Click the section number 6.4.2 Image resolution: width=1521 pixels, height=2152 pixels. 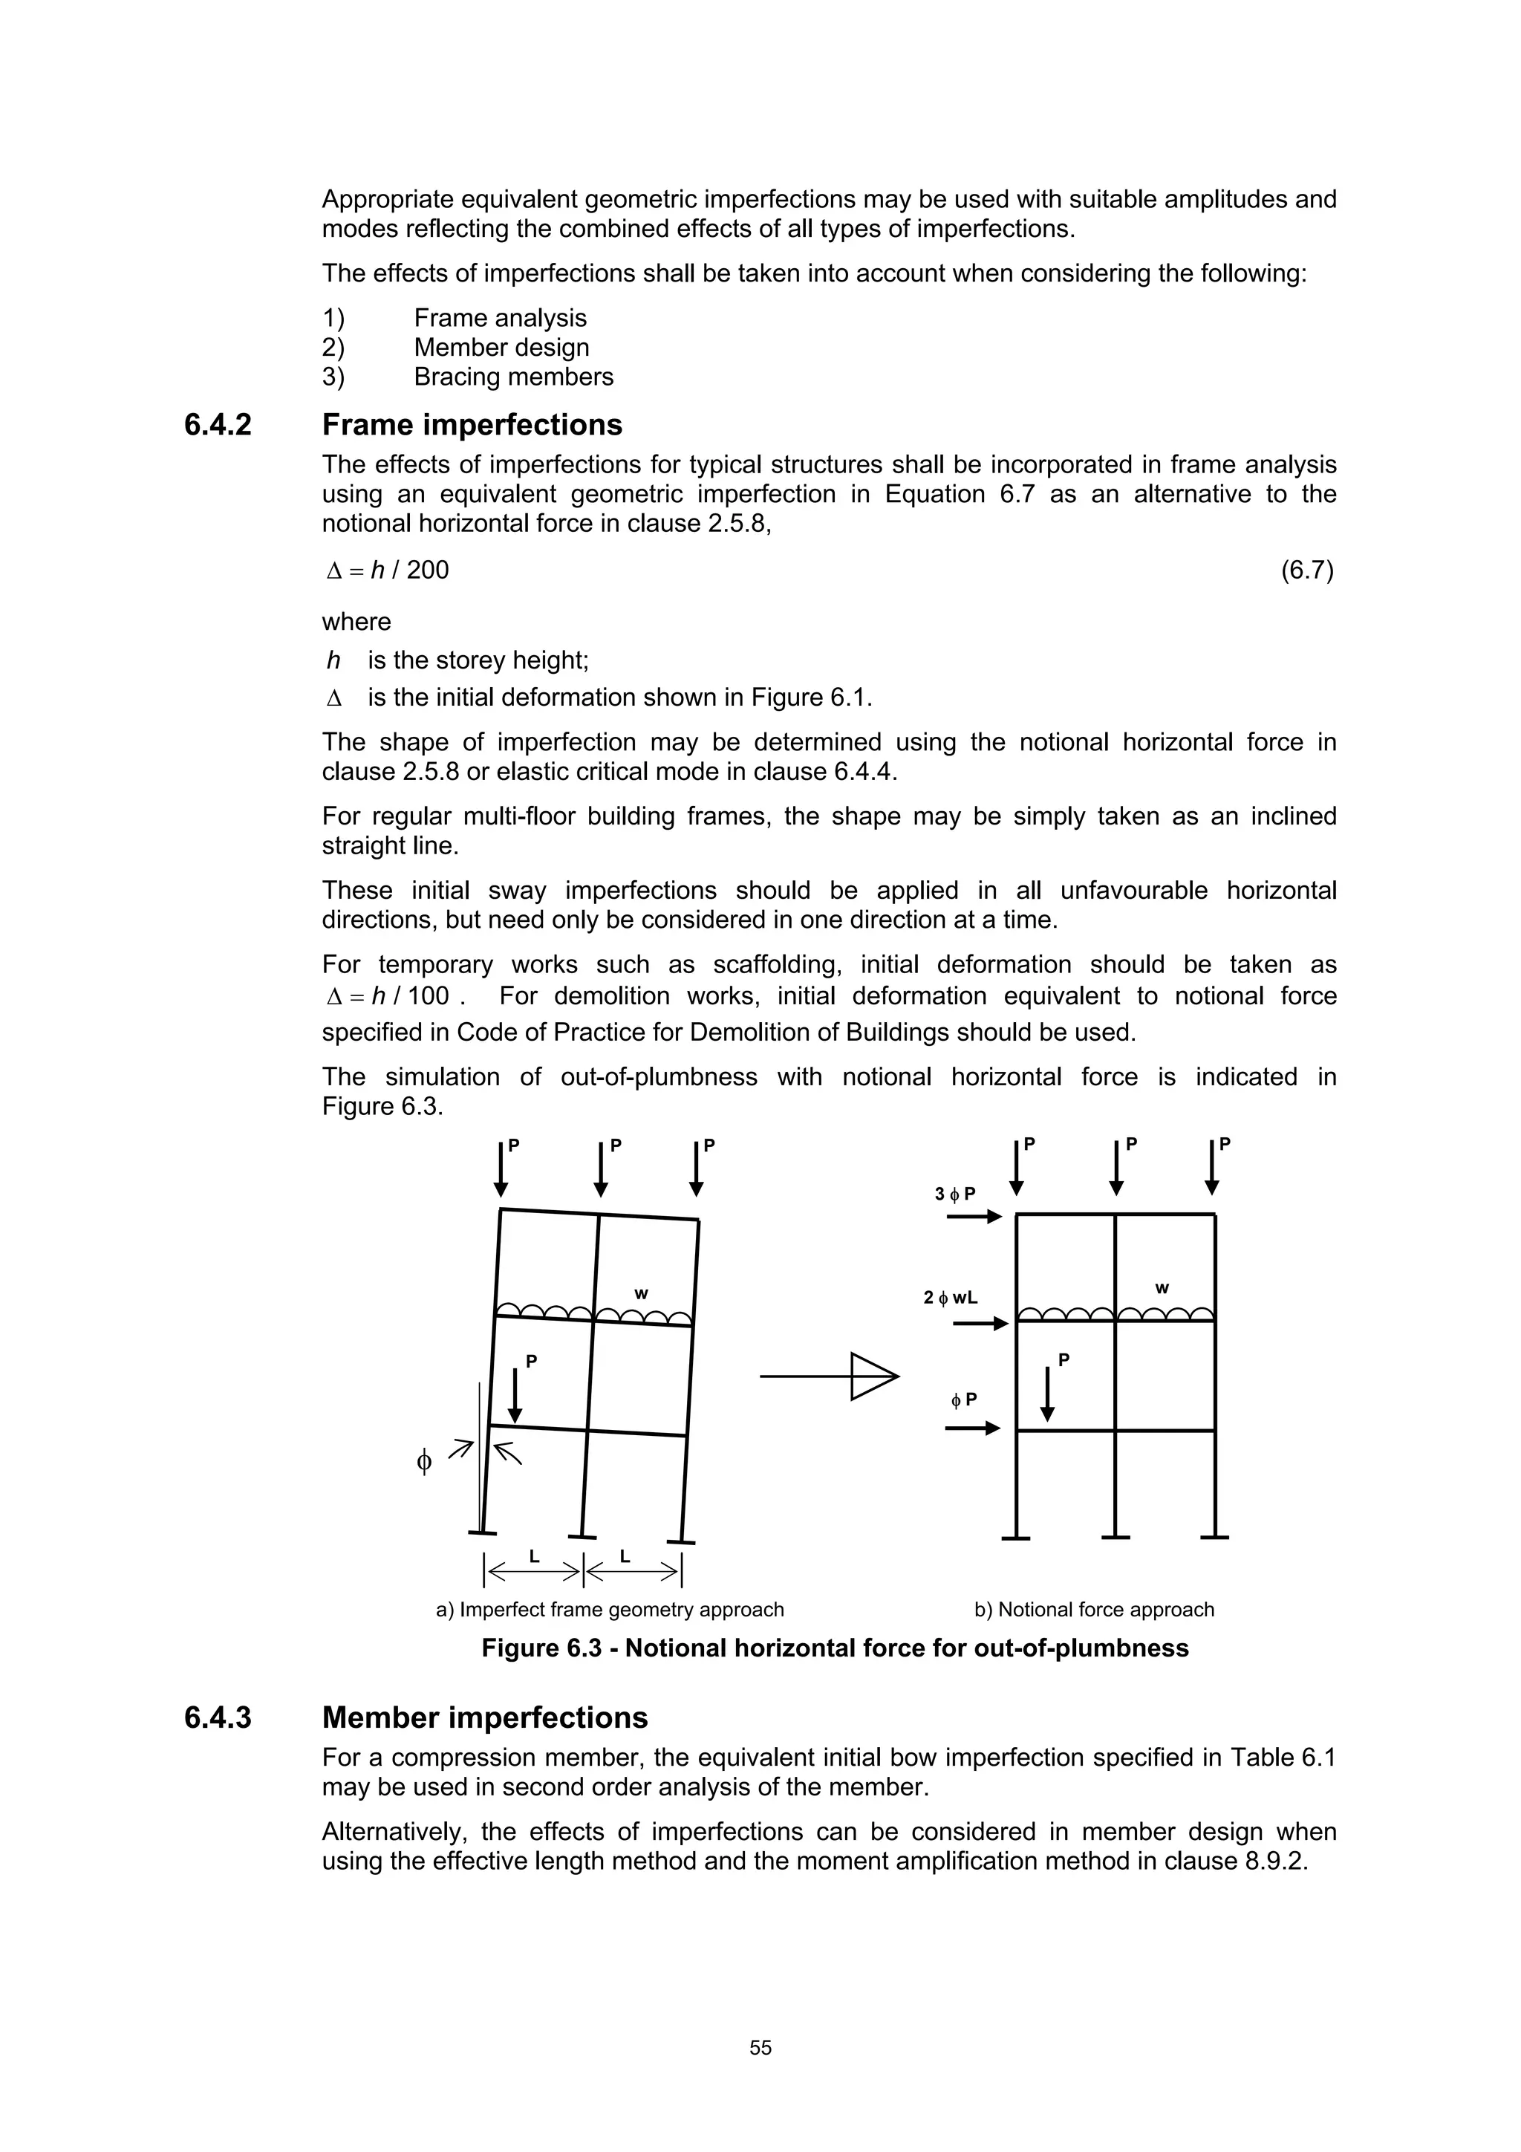[218, 426]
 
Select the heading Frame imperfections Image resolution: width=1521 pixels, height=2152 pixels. [472, 426]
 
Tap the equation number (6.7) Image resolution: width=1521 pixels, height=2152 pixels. [1306, 570]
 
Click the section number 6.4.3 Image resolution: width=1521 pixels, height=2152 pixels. [218, 1718]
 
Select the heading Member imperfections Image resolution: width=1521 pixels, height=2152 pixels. [484, 1718]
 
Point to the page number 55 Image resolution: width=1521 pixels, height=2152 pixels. [760, 2048]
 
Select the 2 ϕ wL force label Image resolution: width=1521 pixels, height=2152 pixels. [951, 1298]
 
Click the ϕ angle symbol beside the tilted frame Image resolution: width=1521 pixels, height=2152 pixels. [423, 1462]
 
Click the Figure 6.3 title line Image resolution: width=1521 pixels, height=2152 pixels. [834, 1648]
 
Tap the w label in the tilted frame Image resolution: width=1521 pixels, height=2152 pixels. [641, 1294]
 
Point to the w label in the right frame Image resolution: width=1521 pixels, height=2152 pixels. [1162, 1289]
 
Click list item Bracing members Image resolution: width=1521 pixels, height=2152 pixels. [513, 377]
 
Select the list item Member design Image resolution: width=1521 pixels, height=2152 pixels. [501, 348]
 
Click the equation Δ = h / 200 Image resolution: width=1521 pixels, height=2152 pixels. [387, 570]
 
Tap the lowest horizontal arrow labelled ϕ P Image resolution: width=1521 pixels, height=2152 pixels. [973, 1428]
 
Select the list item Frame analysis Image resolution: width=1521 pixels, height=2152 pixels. [501, 319]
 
